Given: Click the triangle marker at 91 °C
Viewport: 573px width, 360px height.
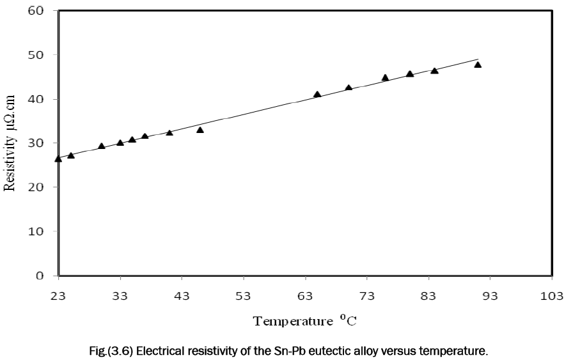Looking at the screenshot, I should pos(478,65).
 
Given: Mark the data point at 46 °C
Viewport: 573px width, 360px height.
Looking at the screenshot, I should pos(200,130).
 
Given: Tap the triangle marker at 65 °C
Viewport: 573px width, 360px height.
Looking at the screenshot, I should pos(317,94).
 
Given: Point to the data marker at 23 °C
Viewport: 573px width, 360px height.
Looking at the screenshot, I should pos(58,159).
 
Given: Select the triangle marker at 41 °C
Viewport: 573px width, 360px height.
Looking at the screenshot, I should pos(169,132).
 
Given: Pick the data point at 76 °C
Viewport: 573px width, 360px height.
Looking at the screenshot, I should pos(385,77).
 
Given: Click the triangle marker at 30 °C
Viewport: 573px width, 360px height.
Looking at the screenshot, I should pos(102,146).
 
